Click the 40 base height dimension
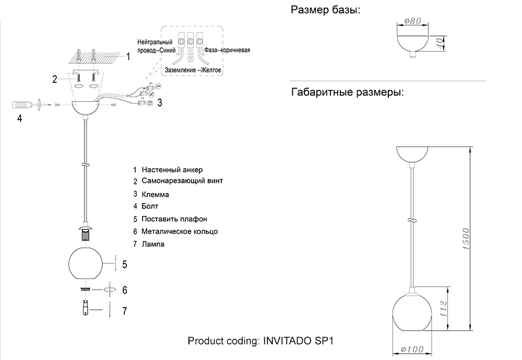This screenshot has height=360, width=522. coord(441,43)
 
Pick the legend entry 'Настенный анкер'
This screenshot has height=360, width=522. coord(172,170)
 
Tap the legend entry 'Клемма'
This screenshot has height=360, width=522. coord(155,194)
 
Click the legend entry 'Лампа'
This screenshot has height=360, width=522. coord(153,244)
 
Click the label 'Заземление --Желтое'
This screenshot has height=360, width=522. coord(193,70)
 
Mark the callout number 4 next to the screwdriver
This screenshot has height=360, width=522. coord(19,118)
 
